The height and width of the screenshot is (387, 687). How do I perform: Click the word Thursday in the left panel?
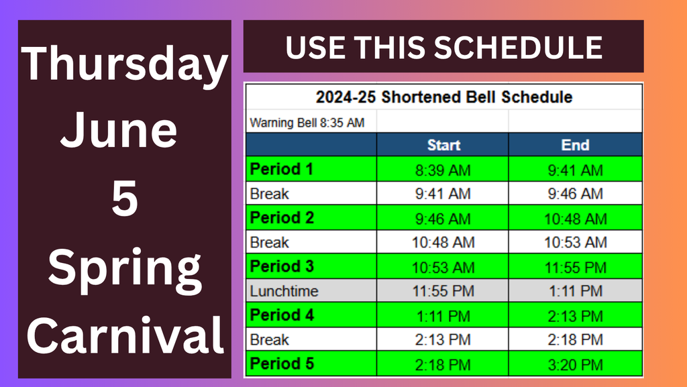pos(124,66)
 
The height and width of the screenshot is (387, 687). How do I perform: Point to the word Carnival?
pos(125,335)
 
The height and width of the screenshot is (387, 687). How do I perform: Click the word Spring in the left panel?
pos(125,270)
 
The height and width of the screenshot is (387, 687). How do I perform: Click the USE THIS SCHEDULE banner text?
pos(444,47)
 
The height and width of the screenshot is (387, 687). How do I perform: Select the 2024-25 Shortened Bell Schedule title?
pos(444,97)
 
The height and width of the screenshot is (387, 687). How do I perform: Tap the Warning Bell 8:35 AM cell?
pos(307,123)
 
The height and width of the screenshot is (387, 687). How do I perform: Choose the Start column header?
pos(443,145)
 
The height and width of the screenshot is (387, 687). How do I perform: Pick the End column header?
pos(575,145)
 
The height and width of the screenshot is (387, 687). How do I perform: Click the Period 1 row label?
pos(281,169)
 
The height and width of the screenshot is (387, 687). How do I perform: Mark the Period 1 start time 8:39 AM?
pos(443,170)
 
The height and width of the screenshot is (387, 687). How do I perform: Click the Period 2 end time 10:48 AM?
pos(575,219)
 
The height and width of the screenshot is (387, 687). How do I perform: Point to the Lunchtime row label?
pos(284,291)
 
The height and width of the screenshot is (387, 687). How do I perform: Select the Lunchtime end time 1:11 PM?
pos(575,291)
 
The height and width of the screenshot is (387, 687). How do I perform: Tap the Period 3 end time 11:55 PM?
pos(575,267)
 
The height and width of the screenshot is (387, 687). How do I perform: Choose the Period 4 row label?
pos(282,315)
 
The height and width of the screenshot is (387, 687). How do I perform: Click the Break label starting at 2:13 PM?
pos(269,340)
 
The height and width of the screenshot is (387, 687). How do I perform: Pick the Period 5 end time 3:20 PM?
pos(575,365)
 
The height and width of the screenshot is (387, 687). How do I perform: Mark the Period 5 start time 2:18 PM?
pos(443,365)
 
